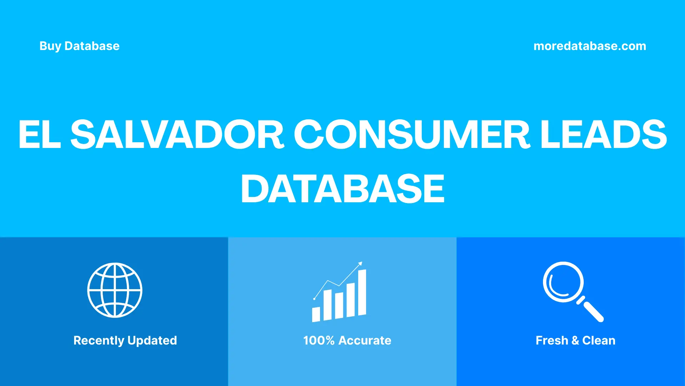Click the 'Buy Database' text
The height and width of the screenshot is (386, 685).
tap(79, 46)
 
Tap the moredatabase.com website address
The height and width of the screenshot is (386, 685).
tap(590, 46)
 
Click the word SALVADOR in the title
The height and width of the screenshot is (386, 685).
tap(177, 135)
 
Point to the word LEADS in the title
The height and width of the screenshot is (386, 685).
tap(603, 135)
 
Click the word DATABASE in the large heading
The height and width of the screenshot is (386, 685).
tap(342, 189)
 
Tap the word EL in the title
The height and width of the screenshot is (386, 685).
tap(39, 135)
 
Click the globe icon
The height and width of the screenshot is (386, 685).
tap(115, 290)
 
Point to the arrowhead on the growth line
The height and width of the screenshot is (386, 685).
tap(360, 264)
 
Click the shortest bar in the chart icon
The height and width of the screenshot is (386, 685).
tap(316, 314)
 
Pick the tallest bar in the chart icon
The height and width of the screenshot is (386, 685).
tap(362, 292)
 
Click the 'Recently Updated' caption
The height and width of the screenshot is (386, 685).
tap(125, 341)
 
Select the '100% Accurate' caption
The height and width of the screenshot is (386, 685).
tap(347, 341)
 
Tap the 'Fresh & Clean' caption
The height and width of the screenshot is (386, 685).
tap(575, 341)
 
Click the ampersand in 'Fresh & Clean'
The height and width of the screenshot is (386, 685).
tap(575, 341)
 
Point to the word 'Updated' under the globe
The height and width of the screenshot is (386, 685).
tap(152, 341)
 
